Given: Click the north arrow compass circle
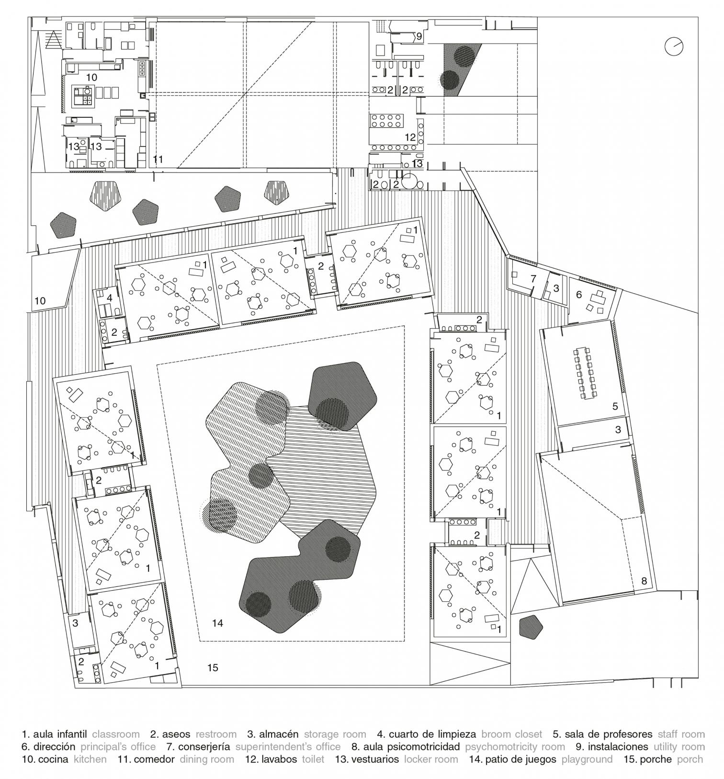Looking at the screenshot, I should [674, 46].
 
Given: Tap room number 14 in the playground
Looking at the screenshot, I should [217, 623].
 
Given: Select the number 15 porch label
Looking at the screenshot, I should [213, 667].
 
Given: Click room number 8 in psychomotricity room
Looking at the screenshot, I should [644, 581].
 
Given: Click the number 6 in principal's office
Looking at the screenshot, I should [578, 295].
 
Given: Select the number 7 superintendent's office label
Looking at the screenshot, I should [533, 278].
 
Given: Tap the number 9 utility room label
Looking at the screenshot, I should [418, 36].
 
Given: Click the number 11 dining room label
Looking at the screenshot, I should [158, 159].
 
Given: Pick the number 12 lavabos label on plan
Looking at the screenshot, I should [410, 137].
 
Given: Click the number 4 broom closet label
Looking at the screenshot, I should [110, 298].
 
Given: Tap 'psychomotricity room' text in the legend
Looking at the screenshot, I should [515, 746].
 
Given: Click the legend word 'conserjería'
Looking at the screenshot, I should [204, 746].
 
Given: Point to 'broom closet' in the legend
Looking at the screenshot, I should [511, 734].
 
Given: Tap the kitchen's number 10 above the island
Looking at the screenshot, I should [91, 77].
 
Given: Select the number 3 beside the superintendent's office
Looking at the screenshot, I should [555, 288].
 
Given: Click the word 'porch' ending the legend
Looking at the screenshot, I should [690, 759].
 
